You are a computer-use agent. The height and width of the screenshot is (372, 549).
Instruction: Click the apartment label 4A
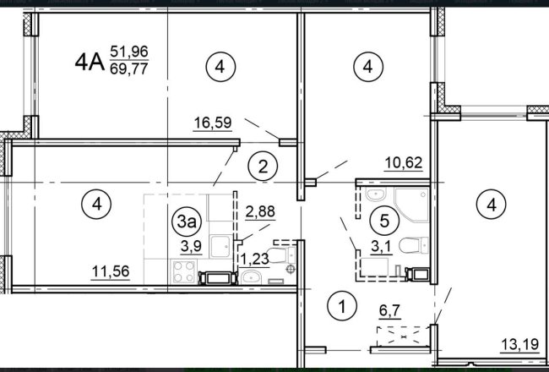pos(90,63)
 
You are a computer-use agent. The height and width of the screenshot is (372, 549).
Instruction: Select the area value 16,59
pos(213,123)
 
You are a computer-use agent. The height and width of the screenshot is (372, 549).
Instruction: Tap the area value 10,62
pos(404,162)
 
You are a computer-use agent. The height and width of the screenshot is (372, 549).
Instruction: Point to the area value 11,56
pos(111,271)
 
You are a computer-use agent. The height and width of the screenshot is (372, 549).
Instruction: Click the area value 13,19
pos(520,344)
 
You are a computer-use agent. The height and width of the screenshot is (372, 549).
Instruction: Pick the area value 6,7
pos(389,310)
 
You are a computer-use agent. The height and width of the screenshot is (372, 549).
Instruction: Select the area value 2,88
pos(260,211)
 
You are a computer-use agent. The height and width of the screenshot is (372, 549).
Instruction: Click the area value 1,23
pos(254,260)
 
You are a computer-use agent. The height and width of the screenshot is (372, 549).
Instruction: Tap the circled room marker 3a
pos(187,222)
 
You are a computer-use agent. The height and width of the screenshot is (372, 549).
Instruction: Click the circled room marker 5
pos(384,221)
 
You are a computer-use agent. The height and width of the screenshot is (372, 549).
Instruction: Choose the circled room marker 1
pos(342,306)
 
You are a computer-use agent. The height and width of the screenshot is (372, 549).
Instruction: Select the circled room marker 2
pos(263,167)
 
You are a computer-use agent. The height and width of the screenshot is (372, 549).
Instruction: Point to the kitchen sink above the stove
pos(220,246)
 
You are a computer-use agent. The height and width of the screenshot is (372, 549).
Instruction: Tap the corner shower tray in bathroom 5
pos(411,205)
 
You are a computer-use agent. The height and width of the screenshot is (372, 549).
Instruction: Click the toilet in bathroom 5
pos(414,244)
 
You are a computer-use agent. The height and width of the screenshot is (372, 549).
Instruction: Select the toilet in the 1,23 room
pos(281,254)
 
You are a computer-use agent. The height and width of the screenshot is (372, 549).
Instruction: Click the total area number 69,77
pos(129,68)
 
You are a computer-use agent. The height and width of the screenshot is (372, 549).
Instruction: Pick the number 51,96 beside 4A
pos(129,52)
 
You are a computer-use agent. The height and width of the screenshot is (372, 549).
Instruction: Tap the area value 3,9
pos(191,247)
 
